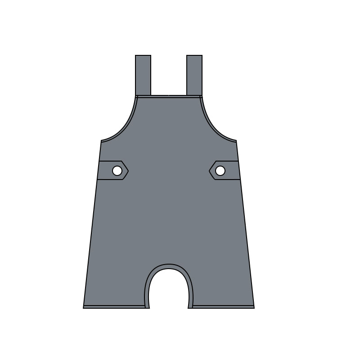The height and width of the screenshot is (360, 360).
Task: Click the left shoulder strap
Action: pos(143,75)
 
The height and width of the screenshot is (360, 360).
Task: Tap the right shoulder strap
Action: pos(194,75)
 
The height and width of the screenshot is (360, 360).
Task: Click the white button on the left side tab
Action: pos(117,171)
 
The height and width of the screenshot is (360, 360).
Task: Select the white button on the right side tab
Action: pos(220,171)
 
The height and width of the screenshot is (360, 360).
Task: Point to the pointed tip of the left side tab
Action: pos(128,171)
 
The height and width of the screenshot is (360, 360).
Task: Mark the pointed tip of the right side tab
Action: pos(209,171)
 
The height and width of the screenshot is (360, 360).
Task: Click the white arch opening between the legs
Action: pos(169,290)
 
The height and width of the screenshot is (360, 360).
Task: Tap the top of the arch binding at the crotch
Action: pos(169,266)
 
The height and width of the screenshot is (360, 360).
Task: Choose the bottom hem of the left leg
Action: pos(115,307)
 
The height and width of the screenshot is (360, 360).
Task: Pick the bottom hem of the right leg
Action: pos(223,307)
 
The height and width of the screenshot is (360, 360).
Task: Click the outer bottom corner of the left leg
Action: pos(84,308)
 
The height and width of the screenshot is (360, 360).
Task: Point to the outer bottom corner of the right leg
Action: pos(254,308)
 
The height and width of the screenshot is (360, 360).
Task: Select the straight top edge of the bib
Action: pos(169,96)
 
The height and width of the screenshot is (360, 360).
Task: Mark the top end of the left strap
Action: pos(143,56)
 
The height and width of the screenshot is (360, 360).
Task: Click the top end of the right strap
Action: pos(194,56)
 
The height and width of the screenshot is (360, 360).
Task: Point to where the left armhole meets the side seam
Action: pos(102,141)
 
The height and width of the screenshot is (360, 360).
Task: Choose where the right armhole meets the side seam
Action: pos(236,141)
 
